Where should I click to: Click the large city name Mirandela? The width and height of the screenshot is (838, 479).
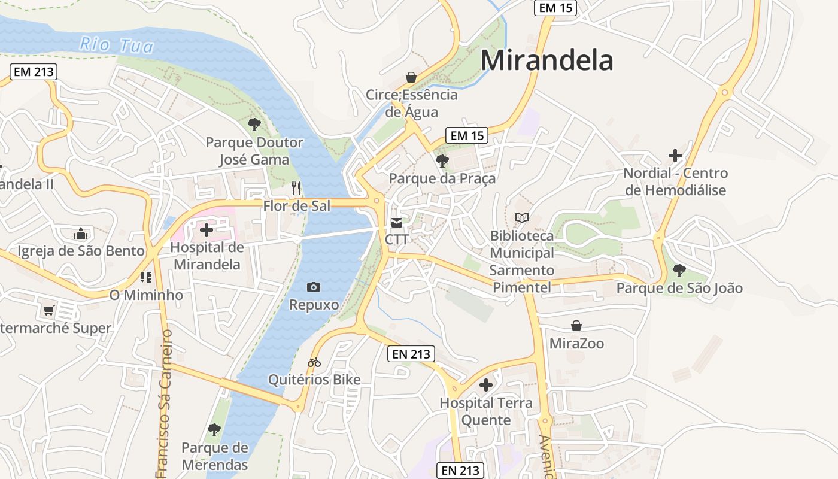546,60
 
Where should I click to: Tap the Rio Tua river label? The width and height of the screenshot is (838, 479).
117,45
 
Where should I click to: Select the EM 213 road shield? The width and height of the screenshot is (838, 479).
33,72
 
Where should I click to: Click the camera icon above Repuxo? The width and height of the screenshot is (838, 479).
313,287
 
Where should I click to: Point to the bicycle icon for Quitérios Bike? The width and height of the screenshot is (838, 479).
314,362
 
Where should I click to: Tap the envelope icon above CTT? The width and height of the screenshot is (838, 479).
396,223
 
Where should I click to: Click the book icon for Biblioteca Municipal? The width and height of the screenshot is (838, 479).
522,217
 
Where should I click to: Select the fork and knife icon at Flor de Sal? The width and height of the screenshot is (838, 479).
296,188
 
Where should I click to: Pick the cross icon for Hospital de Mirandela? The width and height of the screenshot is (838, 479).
207,229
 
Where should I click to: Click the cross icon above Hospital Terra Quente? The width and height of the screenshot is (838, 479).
486,384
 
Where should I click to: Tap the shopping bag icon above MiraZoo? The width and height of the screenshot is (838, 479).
576,326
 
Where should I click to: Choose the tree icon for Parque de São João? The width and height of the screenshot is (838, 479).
679,270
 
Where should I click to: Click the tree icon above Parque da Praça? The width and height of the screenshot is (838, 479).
442,160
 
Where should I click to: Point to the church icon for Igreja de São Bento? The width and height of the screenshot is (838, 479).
81,234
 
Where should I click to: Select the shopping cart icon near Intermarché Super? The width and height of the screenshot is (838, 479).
49,311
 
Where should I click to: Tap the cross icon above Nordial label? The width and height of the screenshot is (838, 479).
675,156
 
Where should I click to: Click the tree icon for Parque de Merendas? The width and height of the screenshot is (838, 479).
214,429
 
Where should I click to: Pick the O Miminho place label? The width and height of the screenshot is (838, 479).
146,295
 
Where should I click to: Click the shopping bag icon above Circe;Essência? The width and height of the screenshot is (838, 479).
411,77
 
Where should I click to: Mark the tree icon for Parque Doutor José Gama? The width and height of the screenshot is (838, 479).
254,125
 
